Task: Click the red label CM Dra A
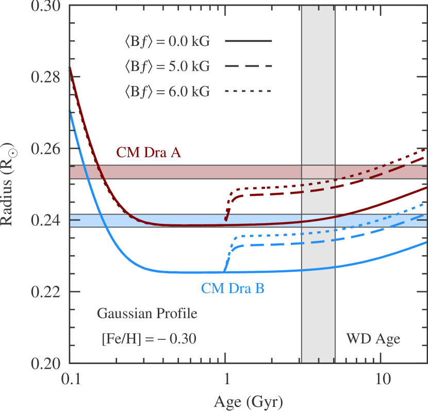(x=149, y=153)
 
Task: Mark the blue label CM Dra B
(x=233, y=288)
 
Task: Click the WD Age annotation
(x=373, y=339)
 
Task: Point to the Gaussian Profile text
(x=147, y=313)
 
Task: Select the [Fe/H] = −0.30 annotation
(x=149, y=339)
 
